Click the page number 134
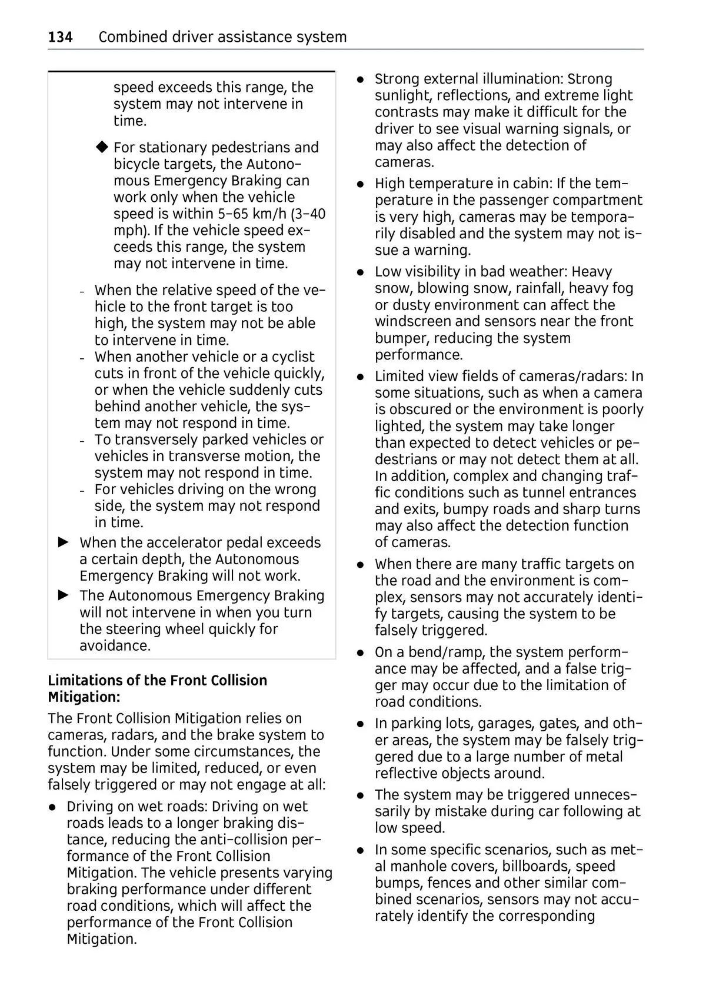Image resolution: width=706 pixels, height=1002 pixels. point(60,37)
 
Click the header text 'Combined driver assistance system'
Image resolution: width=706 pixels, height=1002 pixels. point(222,37)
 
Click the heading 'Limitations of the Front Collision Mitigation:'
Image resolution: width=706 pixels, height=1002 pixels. point(157,688)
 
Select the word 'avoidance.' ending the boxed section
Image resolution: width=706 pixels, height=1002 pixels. point(115,645)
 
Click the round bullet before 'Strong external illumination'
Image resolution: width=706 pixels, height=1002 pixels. point(361,79)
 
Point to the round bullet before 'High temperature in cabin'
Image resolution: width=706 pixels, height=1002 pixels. point(361,184)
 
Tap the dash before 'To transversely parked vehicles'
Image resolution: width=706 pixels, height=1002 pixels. point(82,441)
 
